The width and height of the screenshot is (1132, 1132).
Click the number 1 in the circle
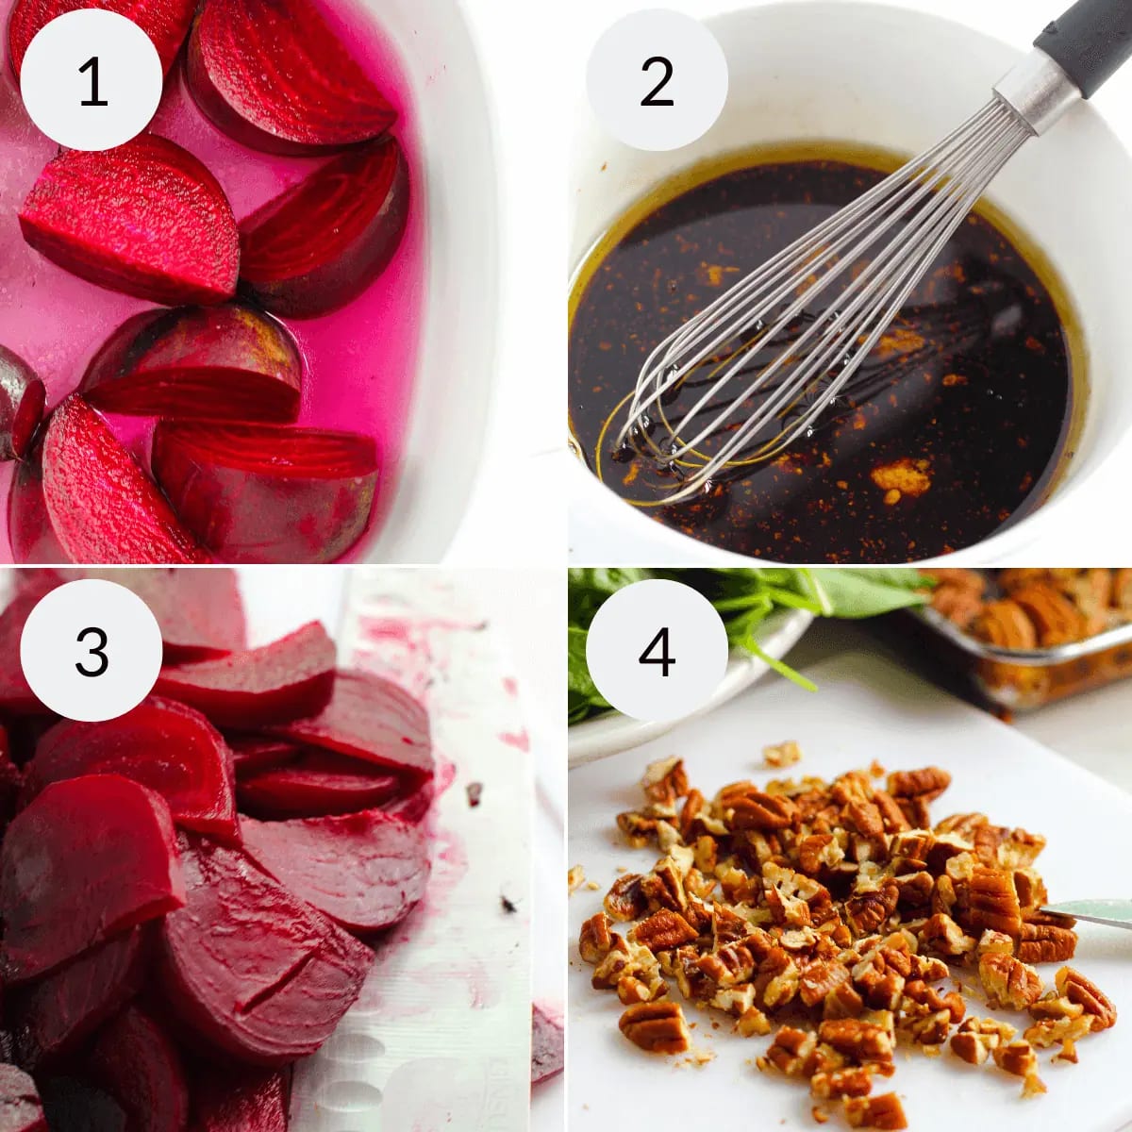tap(92, 83)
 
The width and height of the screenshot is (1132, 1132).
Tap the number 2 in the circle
tap(657, 82)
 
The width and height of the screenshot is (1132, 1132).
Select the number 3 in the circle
tap(92, 651)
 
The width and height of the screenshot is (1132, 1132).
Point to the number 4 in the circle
tap(657, 651)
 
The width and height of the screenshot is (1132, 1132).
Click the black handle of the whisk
tap(1085, 38)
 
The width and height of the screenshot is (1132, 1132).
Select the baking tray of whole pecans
tap(1028, 632)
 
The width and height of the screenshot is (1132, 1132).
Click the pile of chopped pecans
tap(830, 906)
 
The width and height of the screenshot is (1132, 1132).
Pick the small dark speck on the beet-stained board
tap(509, 904)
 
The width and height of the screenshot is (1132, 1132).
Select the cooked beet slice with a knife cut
tap(264, 953)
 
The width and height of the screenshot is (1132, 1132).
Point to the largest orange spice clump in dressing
tap(901, 476)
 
